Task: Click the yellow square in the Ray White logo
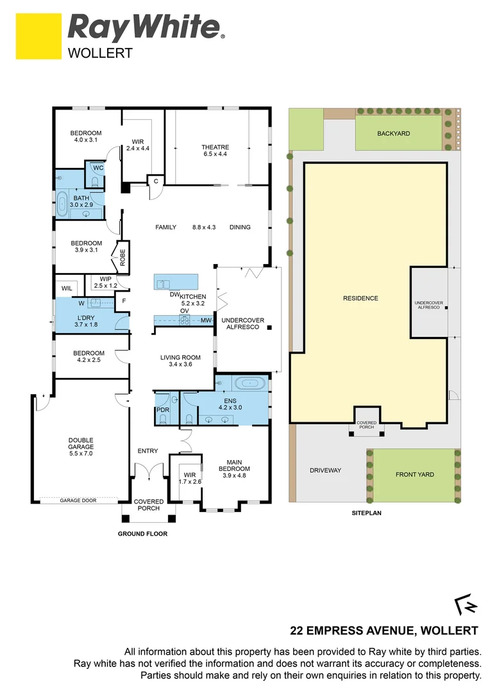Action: pyautogui.click(x=38, y=37)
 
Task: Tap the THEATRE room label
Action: pyautogui.click(x=215, y=147)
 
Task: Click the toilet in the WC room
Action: pyautogui.click(x=96, y=182)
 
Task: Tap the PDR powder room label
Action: pyautogui.click(x=162, y=409)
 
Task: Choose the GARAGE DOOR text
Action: pyautogui.click(x=78, y=500)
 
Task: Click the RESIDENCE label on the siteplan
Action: pyautogui.click(x=360, y=298)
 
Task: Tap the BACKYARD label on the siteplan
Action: pyautogui.click(x=393, y=133)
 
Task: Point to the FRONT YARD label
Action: pyautogui.click(x=414, y=475)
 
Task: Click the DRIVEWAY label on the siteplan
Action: pyautogui.click(x=325, y=470)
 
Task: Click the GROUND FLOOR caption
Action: pyautogui.click(x=142, y=534)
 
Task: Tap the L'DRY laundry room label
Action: pyautogui.click(x=87, y=318)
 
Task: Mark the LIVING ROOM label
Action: pyautogui.click(x=180, y=358)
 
